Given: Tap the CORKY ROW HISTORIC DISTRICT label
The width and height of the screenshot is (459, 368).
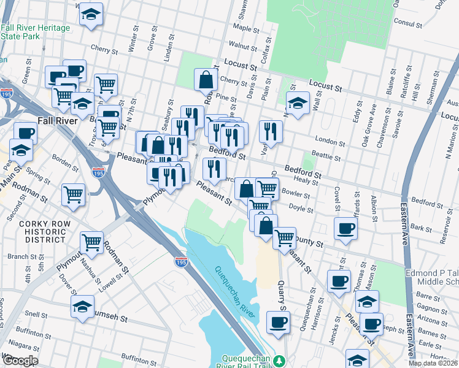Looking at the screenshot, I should click(x=42, y=232).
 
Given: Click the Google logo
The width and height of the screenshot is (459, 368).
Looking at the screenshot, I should click(x=20, y=361).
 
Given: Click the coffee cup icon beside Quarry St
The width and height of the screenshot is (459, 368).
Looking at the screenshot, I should click(x=278, y=322).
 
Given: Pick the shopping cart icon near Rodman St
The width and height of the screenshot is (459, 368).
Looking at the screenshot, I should click(x=91, y=242).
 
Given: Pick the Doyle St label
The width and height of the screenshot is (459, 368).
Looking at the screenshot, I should click(x=301, y=209).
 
